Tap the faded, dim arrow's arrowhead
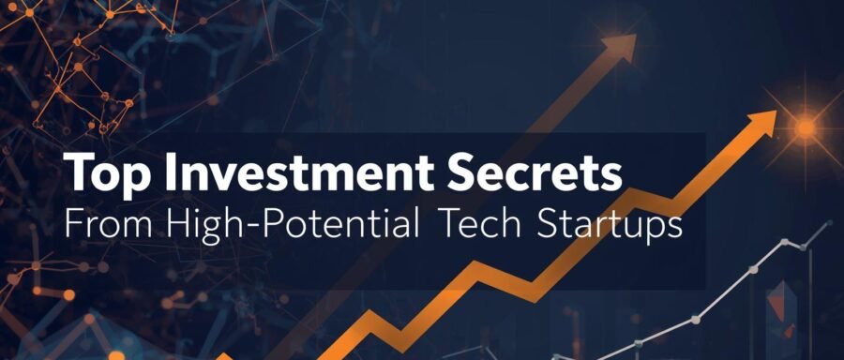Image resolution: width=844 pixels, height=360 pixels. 622,43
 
